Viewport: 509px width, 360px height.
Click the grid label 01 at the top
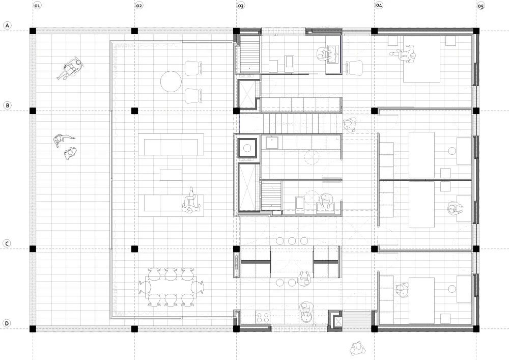(x=37, y=6)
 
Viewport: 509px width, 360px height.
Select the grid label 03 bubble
(x=241, y=6)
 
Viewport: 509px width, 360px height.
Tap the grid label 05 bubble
(x=481, y=6)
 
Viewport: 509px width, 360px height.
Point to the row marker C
(x=7, y=244)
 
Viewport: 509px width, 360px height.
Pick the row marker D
(x=7, y=323)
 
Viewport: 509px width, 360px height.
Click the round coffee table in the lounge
(x=171, y=81)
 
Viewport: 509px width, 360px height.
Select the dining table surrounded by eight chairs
(x=171, y=287)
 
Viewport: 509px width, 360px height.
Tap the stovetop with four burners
(x=263, y=317)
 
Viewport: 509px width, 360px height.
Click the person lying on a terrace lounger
(x=70, y=68)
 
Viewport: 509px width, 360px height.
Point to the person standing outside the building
(x=357, y=348)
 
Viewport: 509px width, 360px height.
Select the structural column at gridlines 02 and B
(x=134, y=110)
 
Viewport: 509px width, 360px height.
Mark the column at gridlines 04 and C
(x=374, y=249)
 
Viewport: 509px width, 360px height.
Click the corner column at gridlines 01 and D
(x=33, y=329)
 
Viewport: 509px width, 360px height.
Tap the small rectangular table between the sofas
(x=171, y=175)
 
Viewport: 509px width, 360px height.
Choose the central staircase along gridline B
(x=291, y=123)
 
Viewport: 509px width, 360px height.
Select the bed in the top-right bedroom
(x=421, y=59)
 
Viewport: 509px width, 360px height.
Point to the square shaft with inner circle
(x=247, y=148)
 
